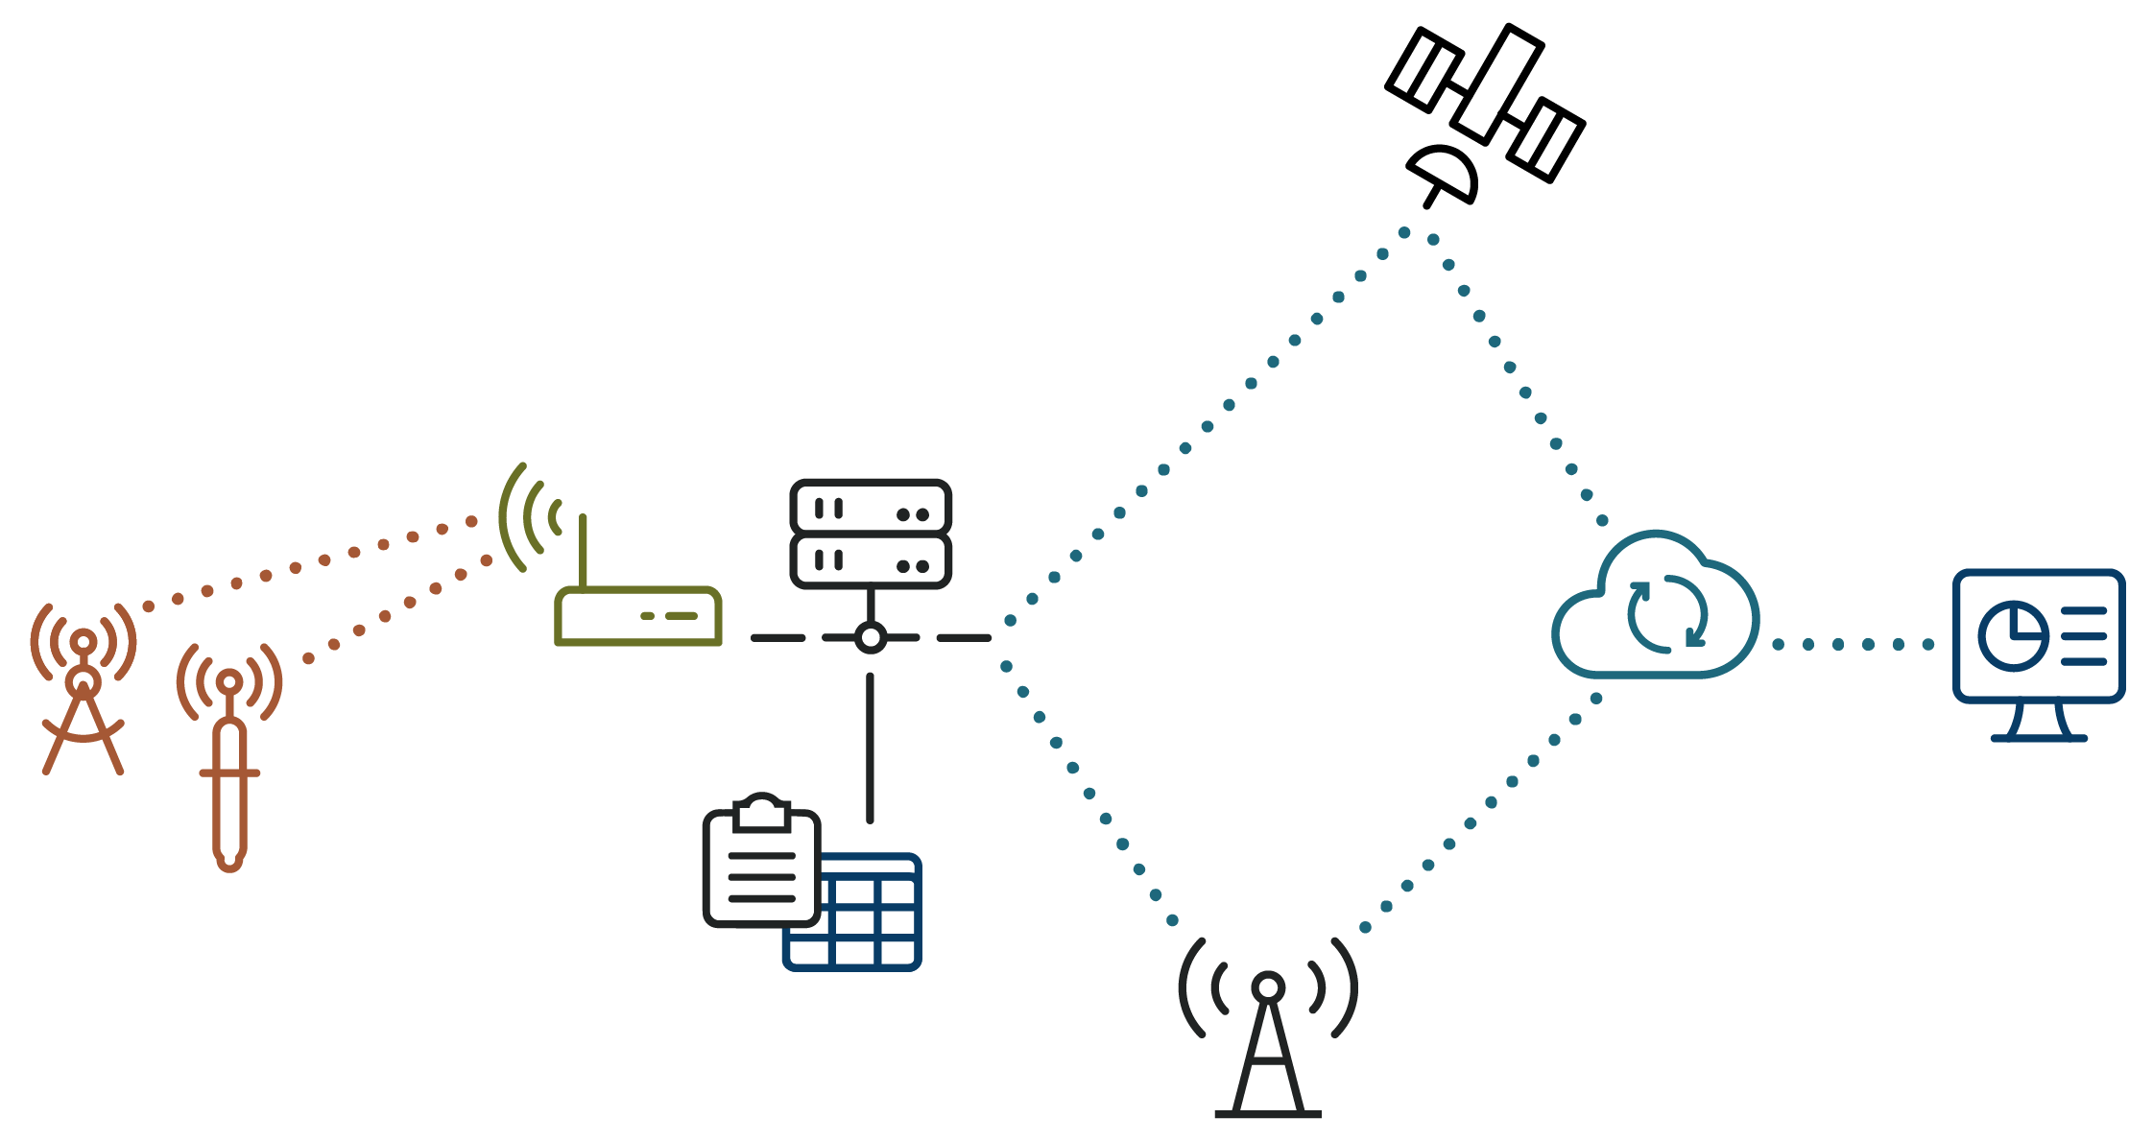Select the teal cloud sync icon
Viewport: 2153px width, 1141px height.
pyautogui.click(x=1655, y=609)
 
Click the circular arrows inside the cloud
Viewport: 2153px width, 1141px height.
pyautogui.click(x=1667, y=614)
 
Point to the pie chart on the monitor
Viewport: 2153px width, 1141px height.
pyautogui.click(x=2012, y=636)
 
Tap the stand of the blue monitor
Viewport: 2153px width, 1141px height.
pyautogui.click(x=2040, y=723)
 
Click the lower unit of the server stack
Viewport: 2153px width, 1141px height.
pyautogui.click(x=871, y=559)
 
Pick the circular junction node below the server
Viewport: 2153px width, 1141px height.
pyautogui.click(x=871, y=637)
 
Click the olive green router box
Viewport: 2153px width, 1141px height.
pyautogui.click(x=638, y=616)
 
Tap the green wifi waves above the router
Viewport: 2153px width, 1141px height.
pyautogui.click(x=526, y=517)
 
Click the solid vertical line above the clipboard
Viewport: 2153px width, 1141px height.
pyautogui.click(x=871, y=749)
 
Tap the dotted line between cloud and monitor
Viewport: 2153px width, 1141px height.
pyautogui.click(x=1853, y=644)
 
